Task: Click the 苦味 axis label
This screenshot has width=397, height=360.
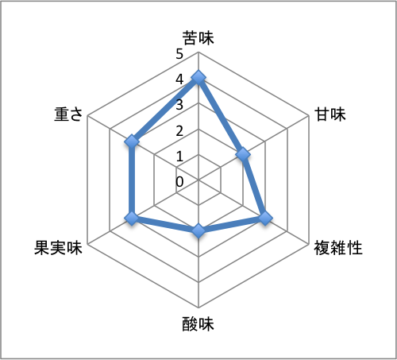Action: coord(198,37)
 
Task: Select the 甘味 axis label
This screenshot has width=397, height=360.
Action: coord(330,114)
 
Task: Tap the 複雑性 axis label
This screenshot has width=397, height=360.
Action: coord(338,248)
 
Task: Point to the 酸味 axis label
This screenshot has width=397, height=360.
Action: coord(198,324)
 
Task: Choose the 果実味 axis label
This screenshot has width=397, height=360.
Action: coord(58,248)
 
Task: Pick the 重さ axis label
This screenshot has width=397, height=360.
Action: coord(68,114)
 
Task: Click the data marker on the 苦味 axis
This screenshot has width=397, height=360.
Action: coord(198,78)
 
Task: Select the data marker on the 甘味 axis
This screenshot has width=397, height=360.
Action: coord(243,154)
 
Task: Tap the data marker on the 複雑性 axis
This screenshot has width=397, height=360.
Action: coord(265,219)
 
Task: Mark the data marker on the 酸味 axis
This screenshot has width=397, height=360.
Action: coord(198,230)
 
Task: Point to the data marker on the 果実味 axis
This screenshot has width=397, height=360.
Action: coord(132,219)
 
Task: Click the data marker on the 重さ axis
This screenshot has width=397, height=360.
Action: coord(132,141)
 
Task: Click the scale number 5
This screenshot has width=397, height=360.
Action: coord(179,54)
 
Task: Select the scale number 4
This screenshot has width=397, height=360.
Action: coord(179,79)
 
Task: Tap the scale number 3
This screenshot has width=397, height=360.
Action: coord(179,105)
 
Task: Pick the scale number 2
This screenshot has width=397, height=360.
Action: coord(179,130)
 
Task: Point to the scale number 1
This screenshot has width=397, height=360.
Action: coord(180,157)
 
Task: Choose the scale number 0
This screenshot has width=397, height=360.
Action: coord(179,182)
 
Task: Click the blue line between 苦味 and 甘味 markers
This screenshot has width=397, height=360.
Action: coord(221,116)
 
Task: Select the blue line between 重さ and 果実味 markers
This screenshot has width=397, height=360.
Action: coord(132,180)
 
